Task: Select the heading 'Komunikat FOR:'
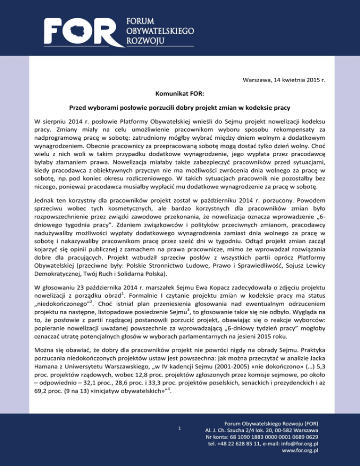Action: pos(180,94)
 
